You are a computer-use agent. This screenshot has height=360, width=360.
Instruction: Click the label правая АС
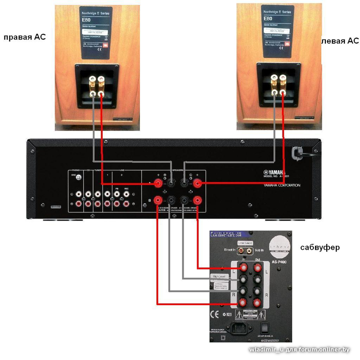[24, 37]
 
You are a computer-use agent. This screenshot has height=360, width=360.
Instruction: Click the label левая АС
[340, 41]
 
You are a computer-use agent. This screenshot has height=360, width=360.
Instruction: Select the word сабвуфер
[320, 247]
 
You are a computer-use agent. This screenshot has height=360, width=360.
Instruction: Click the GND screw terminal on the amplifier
[79, 178]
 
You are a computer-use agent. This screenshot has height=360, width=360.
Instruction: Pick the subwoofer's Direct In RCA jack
[243, 248]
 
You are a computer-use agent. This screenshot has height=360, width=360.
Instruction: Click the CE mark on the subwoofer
[216, 313]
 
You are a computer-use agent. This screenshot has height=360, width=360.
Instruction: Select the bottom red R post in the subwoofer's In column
[243, 302]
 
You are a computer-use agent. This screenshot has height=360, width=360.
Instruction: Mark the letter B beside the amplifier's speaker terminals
[149, 201]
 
